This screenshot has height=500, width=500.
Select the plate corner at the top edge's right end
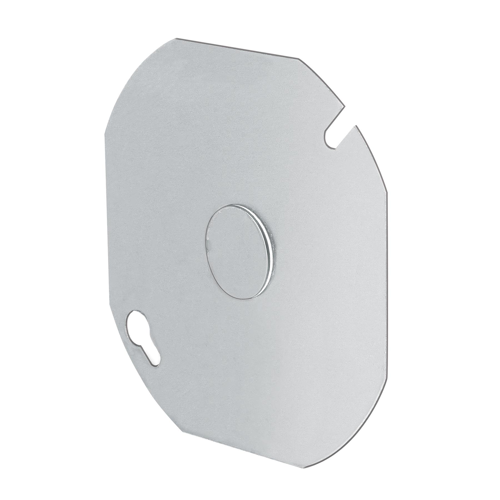pos(298,59)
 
